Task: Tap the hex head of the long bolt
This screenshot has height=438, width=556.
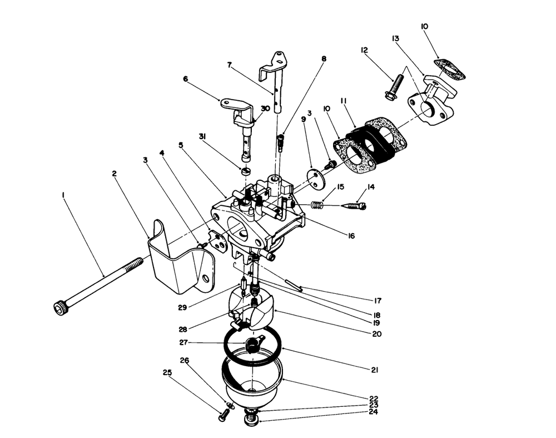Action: pyautogui.click(x=59, y=307)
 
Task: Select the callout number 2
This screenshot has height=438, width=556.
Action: pyautogui.click(x=114, y=174)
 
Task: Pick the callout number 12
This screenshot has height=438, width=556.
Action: pyautogui.click(x=365, y=51)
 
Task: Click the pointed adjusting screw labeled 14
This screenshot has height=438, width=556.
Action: pyautogui.click(x=354, y=206)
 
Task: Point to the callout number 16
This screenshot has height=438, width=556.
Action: pyautogui.click(x=351, y=236)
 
